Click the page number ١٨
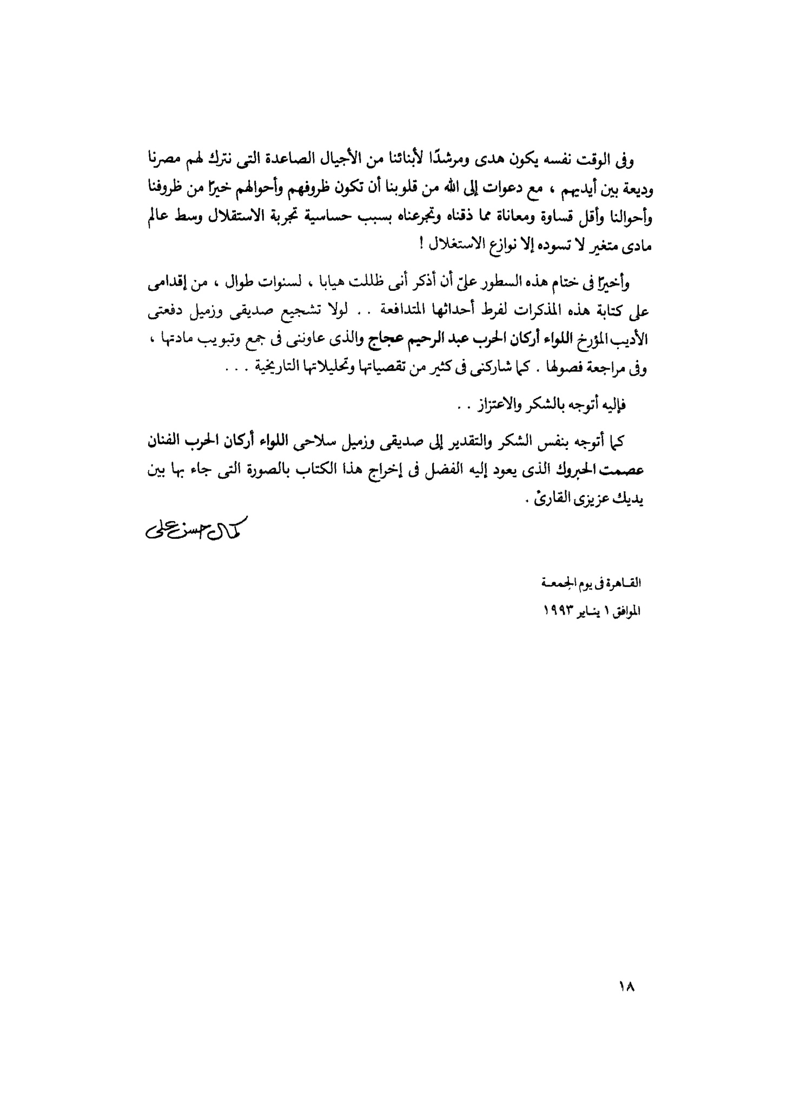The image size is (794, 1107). coord(626,986)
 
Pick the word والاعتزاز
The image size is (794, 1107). coord(494,406)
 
